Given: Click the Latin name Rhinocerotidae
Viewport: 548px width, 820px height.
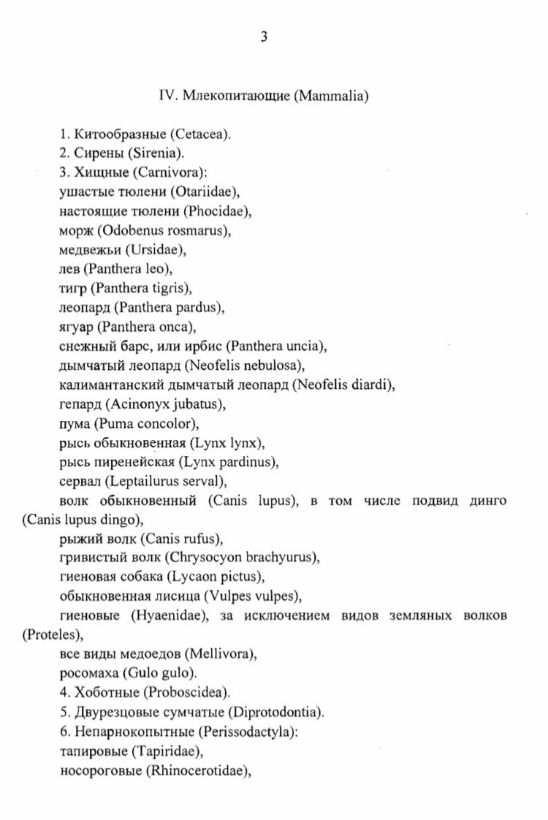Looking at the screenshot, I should pyautogui.click(x=198, y=768).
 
